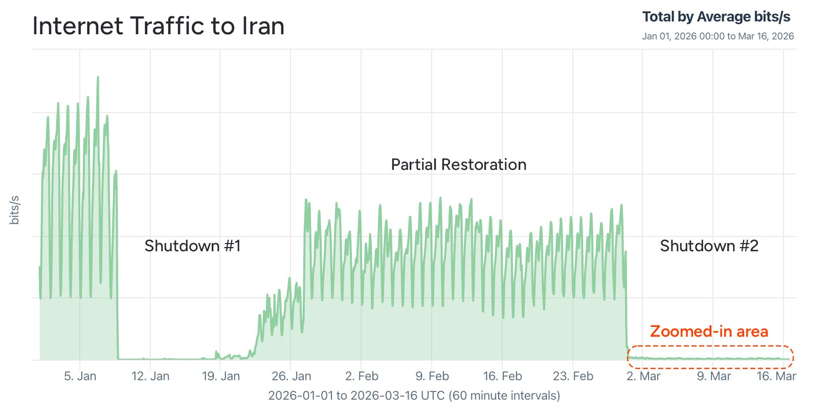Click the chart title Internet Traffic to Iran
159,26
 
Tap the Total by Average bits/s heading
716,17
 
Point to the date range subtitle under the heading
718,36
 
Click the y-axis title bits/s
15,210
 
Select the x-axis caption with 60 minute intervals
414,396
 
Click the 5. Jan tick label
80,376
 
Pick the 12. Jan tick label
150,376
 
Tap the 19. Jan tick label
221,376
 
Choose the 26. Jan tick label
292,376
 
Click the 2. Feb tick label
362,376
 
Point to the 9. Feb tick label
432,376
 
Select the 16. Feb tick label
503,376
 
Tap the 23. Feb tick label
573,376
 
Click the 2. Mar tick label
643,376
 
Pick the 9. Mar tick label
714,376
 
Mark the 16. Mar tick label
776,376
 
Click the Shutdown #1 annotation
192,246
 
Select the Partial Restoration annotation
459,165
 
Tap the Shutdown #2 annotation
709,246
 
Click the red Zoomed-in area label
709,332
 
